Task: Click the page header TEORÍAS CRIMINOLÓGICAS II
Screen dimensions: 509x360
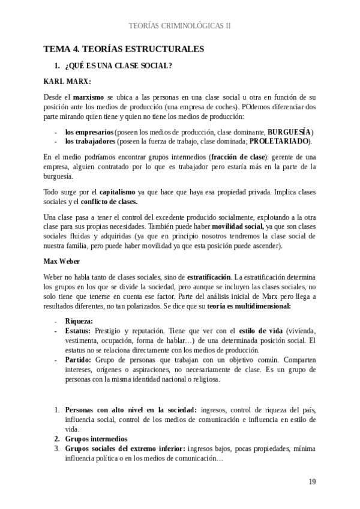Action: (180, 26)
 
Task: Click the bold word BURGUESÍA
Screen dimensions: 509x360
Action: (289, 131)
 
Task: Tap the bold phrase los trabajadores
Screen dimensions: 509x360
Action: (89, 141)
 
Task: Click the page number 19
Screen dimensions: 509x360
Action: (312, 482)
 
